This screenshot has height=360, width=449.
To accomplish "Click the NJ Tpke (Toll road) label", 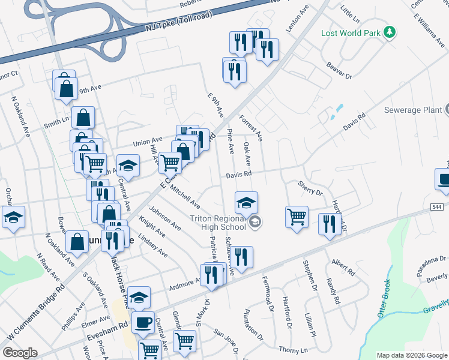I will [178, 28].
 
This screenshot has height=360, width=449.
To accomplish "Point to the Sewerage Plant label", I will [414, 110].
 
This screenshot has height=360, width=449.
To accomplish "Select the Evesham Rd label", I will [115, 325].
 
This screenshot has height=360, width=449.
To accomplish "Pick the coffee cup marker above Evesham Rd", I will [143, 322].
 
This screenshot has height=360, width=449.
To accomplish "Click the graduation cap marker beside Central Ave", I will [128, 164].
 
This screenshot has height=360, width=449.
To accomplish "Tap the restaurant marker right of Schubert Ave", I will [242, 256].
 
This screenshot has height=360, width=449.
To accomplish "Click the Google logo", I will [20, 353].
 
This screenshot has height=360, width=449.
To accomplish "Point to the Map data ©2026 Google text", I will [411, 355].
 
